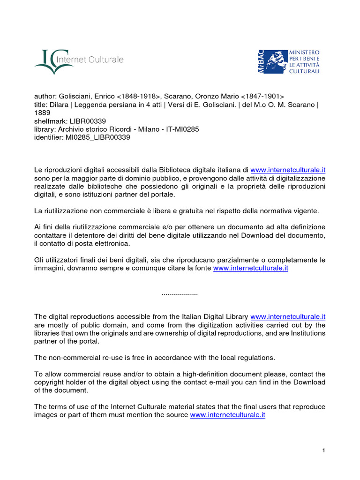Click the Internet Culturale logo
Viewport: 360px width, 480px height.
point(79,61)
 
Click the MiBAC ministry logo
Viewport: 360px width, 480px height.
point(288,61)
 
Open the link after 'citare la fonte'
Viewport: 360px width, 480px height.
point(250,268)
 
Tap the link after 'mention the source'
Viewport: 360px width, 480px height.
point(227,415)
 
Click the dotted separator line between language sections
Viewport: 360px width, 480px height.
point(180,293)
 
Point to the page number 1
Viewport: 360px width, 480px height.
point(323,450)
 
